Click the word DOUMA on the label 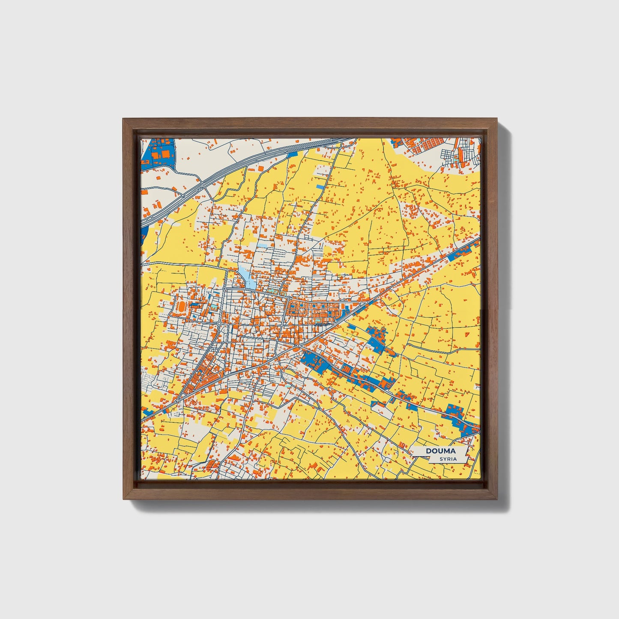(x=440, y=451)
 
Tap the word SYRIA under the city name (x=448, y=459)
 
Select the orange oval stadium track (x=180, y=307)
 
